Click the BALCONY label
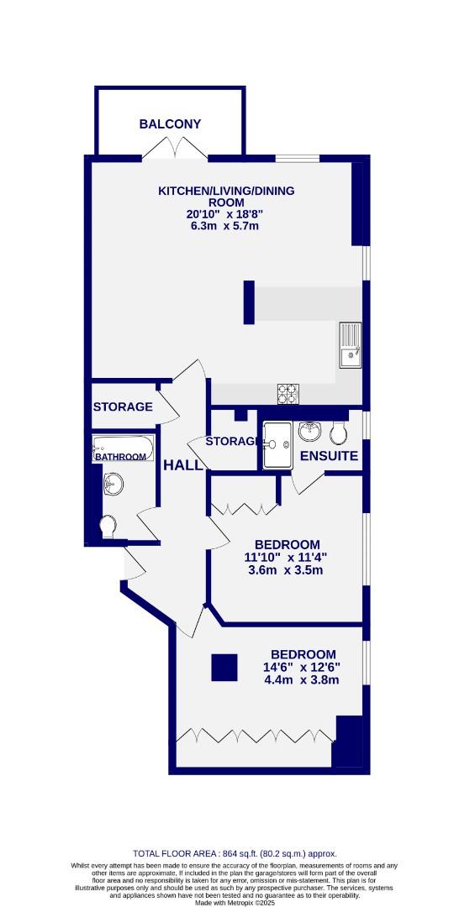coord(170,124)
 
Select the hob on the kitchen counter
coord(288,391)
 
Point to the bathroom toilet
coord(108,527)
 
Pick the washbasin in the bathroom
coord(112,483)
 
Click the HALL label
coord(183,465)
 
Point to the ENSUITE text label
coord(330,457)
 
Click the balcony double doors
coord(175,149)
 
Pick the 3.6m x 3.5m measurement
coord(282,570)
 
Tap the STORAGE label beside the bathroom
coord(123,406)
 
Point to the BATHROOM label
coord(120,457)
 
